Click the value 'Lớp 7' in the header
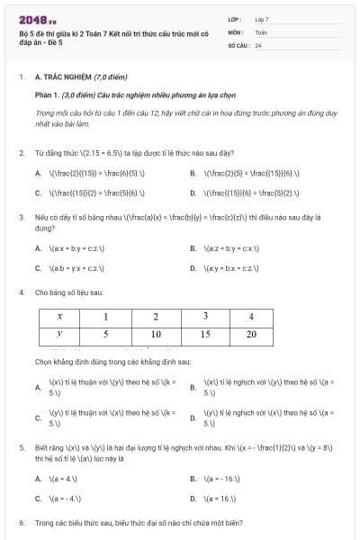(x=262, y=18)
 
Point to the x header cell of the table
(x=59, y=317)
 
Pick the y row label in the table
(x=59, y=334)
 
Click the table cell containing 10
(x=156, y=334)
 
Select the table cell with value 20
(x=251, y=334)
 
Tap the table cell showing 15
(x=204, y=334)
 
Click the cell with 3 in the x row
(x=204, y=317)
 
